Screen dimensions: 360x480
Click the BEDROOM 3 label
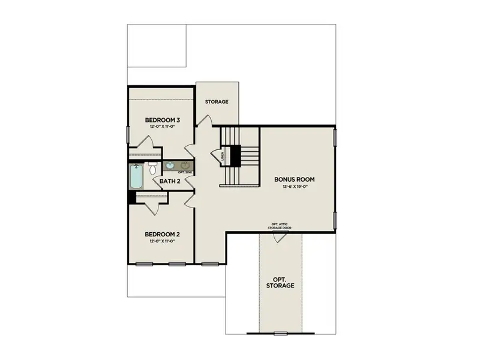coord(163,121)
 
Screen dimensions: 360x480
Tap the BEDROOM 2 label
coord(163,234)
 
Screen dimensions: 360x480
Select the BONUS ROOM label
coord(295,179)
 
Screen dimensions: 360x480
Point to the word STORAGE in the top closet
coord(217,101)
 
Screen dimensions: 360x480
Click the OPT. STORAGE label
coord(281,282)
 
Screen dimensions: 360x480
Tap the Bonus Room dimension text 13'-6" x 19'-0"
coord(295,187)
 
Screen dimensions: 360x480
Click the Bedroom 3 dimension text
coord(163,128)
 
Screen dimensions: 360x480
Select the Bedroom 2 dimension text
coord(163,241)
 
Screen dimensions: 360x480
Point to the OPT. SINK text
coord(185,173)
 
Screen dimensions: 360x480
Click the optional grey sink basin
coord(186,166)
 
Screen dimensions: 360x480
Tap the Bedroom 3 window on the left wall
coord(127,135)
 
